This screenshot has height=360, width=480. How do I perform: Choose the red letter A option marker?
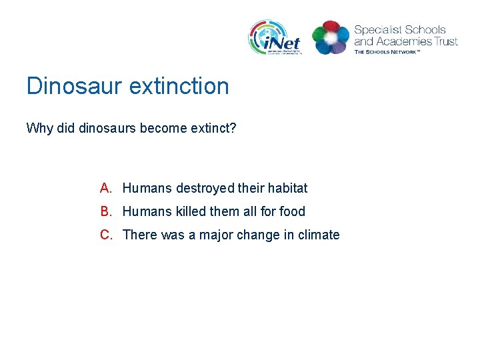106,188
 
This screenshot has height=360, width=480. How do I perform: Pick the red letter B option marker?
106,211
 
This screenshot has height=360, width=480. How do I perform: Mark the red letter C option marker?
106,235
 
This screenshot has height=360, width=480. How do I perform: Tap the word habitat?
287,189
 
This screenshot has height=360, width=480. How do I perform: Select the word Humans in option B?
147,212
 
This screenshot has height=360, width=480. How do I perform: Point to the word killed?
191,212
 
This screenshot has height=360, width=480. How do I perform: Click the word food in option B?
292,212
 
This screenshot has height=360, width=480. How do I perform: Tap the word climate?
319,235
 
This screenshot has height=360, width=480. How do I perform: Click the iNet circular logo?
275,37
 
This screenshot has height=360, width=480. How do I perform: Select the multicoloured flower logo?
331,37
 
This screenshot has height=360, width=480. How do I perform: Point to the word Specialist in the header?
377,30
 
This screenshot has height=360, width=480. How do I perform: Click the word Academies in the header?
402,41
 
